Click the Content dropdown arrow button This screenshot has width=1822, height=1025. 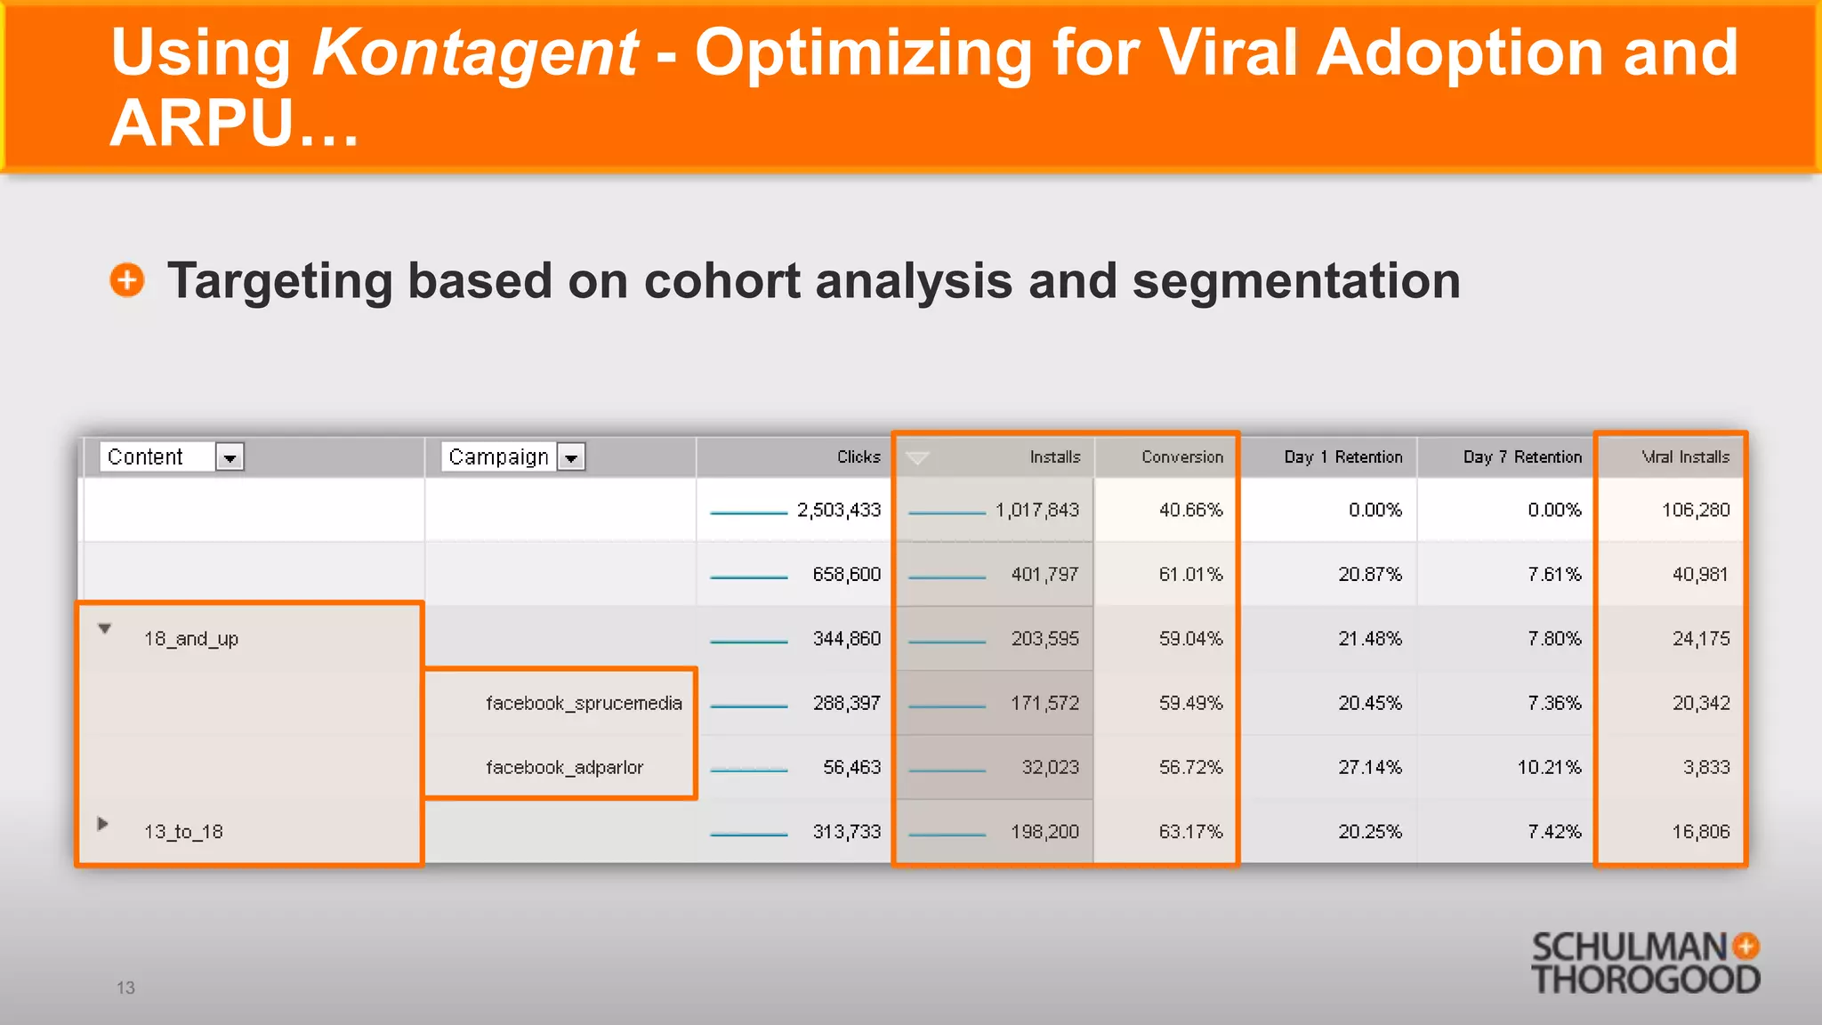[x=230, y=457]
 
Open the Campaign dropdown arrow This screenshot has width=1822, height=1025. [x=571, y=457]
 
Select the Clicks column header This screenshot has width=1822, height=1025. [x=858, y=456]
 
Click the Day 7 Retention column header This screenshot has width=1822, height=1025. [x=1522, y=456]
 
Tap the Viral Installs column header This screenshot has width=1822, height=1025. [x=1685, y=456]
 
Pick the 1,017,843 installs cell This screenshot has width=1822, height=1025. [x=1036, y=510]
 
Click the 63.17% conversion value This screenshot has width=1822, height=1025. [x=1190, y=831]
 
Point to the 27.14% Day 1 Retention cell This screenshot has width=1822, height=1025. [x=1370, y=767]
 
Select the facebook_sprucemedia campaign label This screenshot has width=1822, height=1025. [x=584, y=703]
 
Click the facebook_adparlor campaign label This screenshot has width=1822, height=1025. [x=564, y=767]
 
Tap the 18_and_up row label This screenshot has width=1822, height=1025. [x=191, y=639]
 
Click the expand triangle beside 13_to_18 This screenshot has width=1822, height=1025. [x=103, y=824]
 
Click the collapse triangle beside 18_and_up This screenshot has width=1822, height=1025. [x=105, y=629]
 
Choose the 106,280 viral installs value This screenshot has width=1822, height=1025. [x=1696, y=510]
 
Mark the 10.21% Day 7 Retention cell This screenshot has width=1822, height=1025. [x=1549, y=767]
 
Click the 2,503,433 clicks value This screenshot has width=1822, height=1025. [x=838, y=510]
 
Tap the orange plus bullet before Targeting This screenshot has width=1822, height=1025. [x=127, y=280]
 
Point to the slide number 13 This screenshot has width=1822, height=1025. [x=125, y=988]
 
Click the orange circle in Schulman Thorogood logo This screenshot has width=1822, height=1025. [x=1746, y=946]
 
